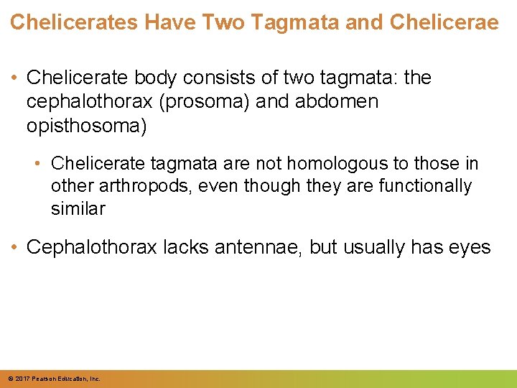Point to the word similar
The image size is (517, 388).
click(78, 209)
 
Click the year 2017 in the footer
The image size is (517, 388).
click(22, 378)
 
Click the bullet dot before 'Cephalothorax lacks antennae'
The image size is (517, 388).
click(15, 248)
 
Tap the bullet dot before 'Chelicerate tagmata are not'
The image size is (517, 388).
click(40, 163)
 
